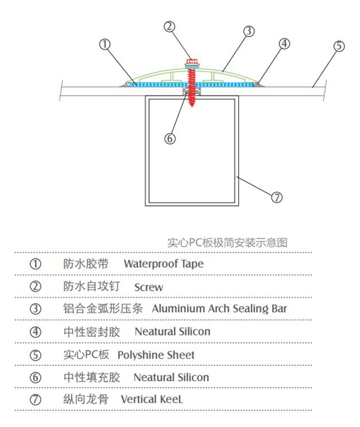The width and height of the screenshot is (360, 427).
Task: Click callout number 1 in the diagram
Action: pyautogui.click(x=105, y=45)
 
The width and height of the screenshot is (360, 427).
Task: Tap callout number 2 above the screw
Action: pyautogui.click(x=169, y=27)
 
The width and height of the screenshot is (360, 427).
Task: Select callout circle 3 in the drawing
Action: pyautogui.click(x=249, y=31)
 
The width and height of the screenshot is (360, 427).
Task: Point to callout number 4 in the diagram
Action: pyautogui.click(x=284, y=44)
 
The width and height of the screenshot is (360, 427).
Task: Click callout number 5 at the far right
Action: pyautogui.click(x=339, y=46)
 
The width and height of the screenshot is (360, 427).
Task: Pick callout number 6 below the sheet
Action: pyautogui.click(x=170, y=138)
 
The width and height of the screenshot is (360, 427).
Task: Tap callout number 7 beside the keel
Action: pyautogui.click(x=276, y=197)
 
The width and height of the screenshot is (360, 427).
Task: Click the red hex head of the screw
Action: pyautogui.click(x=192, y=62)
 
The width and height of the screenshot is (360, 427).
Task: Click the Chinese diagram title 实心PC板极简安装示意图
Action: pyautogui.click(x=227, y=243)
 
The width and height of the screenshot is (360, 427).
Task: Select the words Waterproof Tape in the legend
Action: pyautogui.click(x=163, y=264)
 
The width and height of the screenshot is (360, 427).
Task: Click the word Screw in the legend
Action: pyautogui.click(x=149, y=287)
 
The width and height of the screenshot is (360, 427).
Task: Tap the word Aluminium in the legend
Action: pyautogui.click(x=178, y=308)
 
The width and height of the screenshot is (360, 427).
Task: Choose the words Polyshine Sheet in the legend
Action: pyautogui.click(x=156, y=355)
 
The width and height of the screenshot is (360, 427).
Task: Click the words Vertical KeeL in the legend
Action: pyautogui.click(x=152, y=400)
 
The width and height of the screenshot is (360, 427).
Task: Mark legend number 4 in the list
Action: pyautogui.click(x=35, y=332)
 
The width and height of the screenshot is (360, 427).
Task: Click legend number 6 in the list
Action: pyautogui.click(x=35, y=377)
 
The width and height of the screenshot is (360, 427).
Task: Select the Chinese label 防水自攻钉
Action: pyautogui.click(x=91, y=286)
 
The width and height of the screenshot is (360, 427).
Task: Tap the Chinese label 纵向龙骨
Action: pyautogui.click(x=86, y=399)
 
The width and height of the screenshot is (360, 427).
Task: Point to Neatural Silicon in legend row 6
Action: pyautogui.click(x=171, y=377)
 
